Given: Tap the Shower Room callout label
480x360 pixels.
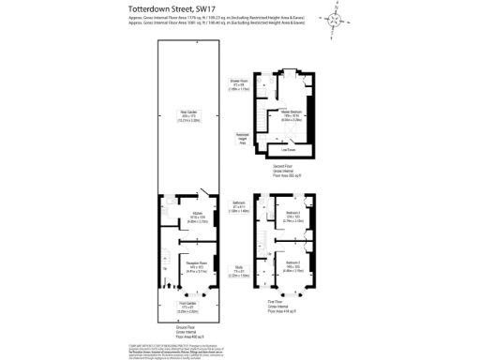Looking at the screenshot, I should (240, 85).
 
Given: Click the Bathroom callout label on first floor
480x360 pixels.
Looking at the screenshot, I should (240, 208).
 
